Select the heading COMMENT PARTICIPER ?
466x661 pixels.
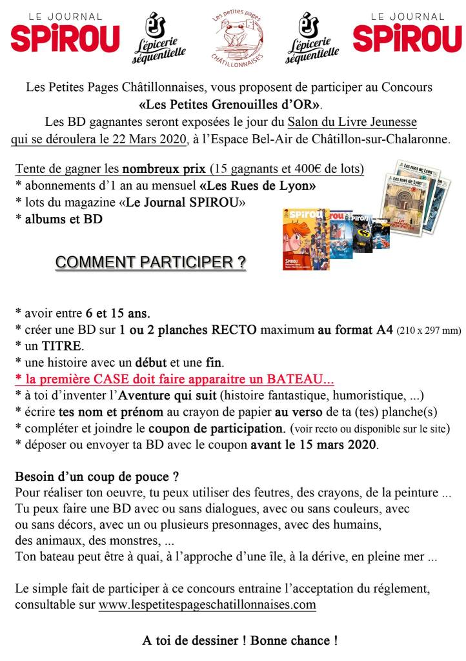[x=150, y=263]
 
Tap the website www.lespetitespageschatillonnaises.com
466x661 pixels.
[x=207, y=605]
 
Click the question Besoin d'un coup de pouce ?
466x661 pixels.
[x=97, y=478]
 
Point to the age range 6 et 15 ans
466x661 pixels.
[x=117, y=314]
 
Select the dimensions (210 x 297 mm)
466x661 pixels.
[x=427, y=331]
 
